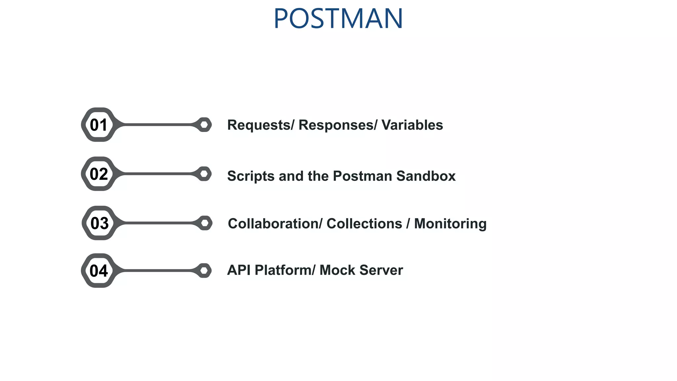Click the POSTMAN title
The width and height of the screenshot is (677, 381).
[338, 19]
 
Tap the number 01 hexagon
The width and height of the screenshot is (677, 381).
[99, 125]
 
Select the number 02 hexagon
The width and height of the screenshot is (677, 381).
[99, 174]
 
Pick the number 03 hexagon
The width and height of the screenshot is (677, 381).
[100, 223]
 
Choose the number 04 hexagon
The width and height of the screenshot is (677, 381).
[99, 271]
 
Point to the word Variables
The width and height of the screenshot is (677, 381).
[412, 125]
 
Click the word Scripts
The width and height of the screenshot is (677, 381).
[251, 176]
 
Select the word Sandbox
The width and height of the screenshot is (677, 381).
[426, 176]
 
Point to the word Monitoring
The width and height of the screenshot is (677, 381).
[450, 224]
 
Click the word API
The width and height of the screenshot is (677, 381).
[239, 270]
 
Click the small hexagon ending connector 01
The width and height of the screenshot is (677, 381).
[204, 125]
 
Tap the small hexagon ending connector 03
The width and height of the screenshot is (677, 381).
[205, 223]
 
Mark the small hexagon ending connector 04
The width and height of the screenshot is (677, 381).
[204, 271]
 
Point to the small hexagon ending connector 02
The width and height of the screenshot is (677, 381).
[204, 174]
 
